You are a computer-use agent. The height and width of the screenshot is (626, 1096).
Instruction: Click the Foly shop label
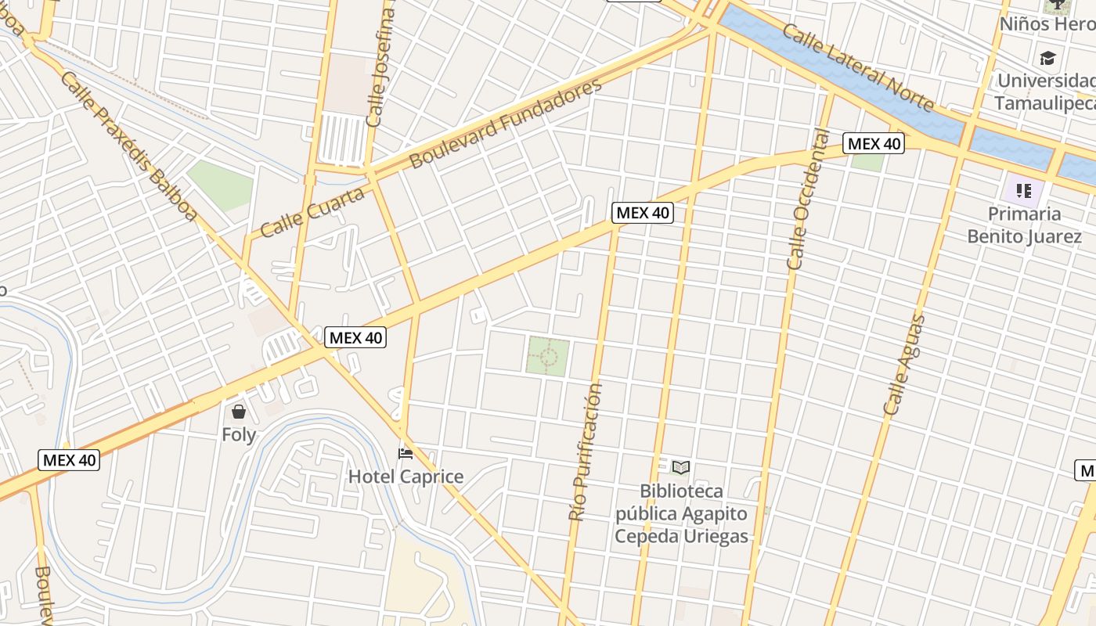pyautogui.click(x=239, y=434)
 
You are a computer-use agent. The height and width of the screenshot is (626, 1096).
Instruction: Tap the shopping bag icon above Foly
pyautogui.click(x=239, y=411)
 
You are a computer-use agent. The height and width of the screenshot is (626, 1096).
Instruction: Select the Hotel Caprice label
pyautogui.click(x=406, y=477)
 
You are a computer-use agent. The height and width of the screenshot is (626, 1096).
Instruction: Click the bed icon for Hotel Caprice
pyautogui.click(x=406, y=453)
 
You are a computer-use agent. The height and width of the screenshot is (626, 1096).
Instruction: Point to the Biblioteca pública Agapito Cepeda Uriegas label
pyautogui.click(x=681, y=514)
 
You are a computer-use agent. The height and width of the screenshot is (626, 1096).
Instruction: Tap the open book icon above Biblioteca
pyautogui.click(x=681, y=468)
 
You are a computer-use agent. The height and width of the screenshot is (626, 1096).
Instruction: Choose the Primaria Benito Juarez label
pyautogui.click(x=1024, y=225)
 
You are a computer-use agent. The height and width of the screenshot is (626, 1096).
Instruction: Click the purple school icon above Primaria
pyautogui.click(x=1023, y=190)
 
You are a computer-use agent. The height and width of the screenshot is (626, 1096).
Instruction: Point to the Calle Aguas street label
pyautogui.click(x=905, y=365)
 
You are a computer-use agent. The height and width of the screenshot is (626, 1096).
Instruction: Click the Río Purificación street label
pyautogui.click(x=586, y=452)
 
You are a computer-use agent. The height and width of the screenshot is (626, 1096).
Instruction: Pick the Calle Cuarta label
pyautogui.click(x=312, y=212)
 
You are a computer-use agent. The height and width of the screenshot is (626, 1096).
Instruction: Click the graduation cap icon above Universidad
pyautogui.click(x=1047, y=58)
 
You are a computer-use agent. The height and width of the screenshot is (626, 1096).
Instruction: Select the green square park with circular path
pyautogui.click(x=548, y=356)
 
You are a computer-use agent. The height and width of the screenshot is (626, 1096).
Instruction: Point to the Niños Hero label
pyautogui.click(x=1046, y=24)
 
